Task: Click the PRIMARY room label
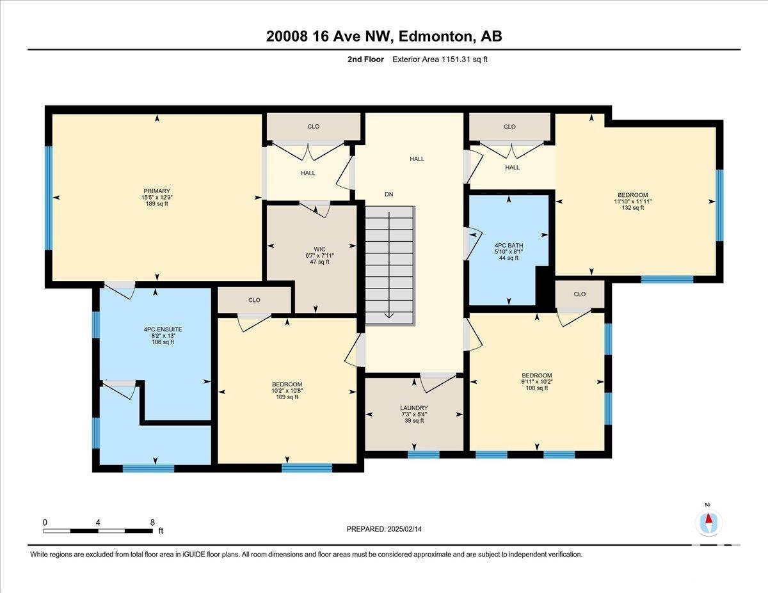pos(157,191)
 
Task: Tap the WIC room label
pos(319,249)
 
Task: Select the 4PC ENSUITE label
pos(163,329)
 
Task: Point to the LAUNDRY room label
pos(414,408)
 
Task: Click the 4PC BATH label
pos(509,246)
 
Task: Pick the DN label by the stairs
pos(388,194)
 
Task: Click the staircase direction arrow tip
pos(388,317)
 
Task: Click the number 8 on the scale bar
pos(152,522)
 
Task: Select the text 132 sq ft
pos(632,208)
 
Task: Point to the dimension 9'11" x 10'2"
pos(537,381)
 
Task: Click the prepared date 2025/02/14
pos(404,529)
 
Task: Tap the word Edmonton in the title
pos(436,36)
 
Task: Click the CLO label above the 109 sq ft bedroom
pos(254,300)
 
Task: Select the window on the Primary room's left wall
pos(49,198)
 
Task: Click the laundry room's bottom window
pos(424,455)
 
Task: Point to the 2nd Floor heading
pos(365,59)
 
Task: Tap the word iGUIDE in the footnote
pos(194,555)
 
